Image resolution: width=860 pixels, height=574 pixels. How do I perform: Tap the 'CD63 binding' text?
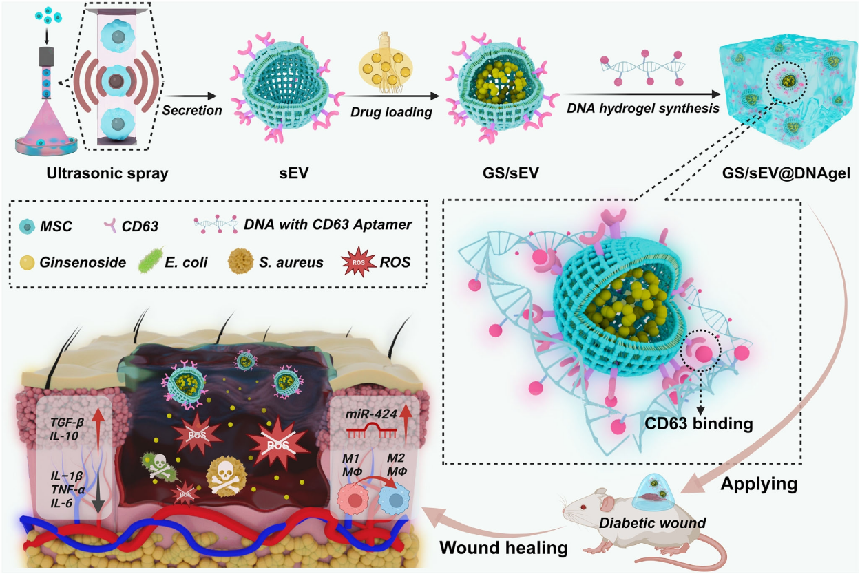700,423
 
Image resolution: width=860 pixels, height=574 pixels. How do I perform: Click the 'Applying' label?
759,484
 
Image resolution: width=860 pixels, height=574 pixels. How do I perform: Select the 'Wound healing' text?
503,548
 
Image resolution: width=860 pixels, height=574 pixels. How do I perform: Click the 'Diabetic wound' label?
652,523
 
